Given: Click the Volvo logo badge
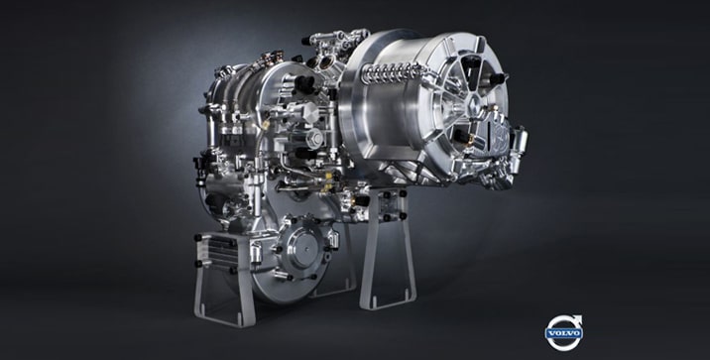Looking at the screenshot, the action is [563, 333].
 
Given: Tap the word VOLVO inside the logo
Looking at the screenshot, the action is [563, 334].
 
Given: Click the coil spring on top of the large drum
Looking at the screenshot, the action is [392, 71].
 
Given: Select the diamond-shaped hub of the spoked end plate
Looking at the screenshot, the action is [473, 103].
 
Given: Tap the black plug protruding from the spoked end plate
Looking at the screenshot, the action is [498, 78].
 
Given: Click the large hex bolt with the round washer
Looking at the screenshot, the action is [315, 138].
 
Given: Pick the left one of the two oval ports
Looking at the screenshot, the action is [313, 62].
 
